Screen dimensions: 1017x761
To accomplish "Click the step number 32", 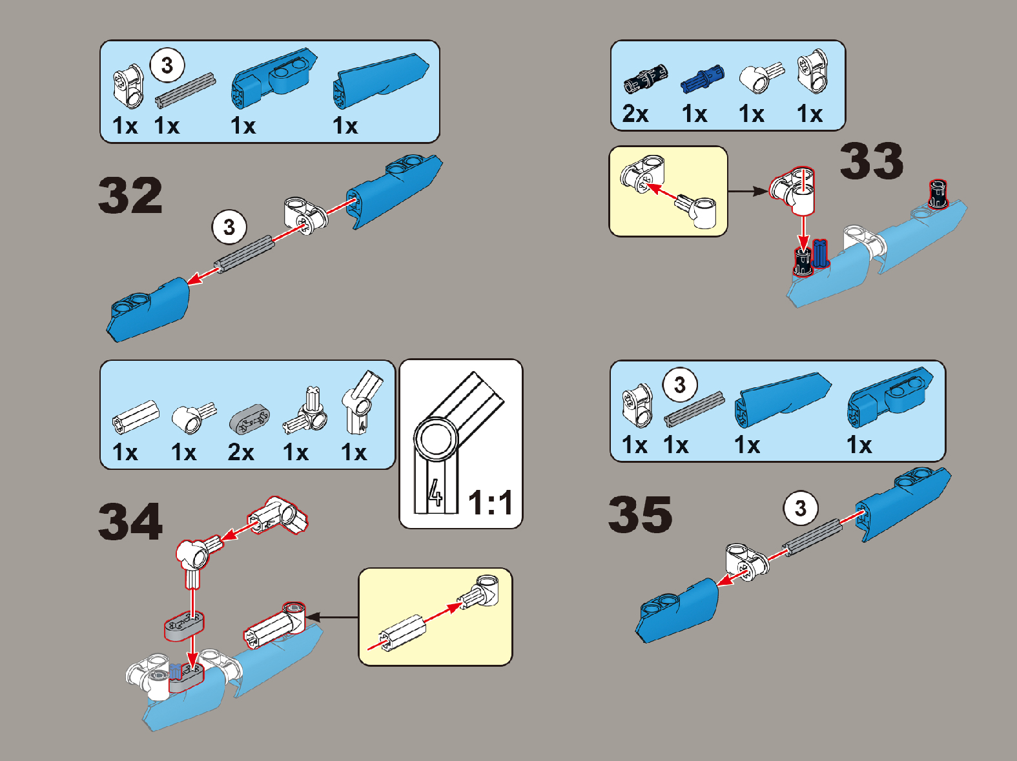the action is (x=130, y=195).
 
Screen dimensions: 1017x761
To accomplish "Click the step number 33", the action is (x=872, y=161).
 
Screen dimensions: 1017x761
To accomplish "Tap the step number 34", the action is (x=130, y=522).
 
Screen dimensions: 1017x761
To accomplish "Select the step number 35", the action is (x=641, y=514).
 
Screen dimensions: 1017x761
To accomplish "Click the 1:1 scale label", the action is (x=491, y=503).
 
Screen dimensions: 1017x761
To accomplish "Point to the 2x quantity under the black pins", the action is (x=635, y=114).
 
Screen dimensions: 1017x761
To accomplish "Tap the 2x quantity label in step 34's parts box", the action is (x=241, y=452).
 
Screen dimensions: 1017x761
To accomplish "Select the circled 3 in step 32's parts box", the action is (x=167, y=65).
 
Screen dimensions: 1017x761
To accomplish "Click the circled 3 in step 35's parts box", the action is (x=680, y=385).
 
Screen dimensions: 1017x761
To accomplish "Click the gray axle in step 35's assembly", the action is (x=814, y=538).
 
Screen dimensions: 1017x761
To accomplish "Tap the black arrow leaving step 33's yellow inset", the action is (x=749, y=191).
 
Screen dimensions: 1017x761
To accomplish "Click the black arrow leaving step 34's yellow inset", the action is (x=332, y=617).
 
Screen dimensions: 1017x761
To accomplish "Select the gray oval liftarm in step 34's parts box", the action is (x=249, y=419).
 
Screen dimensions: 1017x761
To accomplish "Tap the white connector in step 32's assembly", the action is (x=305, y=216).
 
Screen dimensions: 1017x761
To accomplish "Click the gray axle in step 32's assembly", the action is (x=244, y=254).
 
